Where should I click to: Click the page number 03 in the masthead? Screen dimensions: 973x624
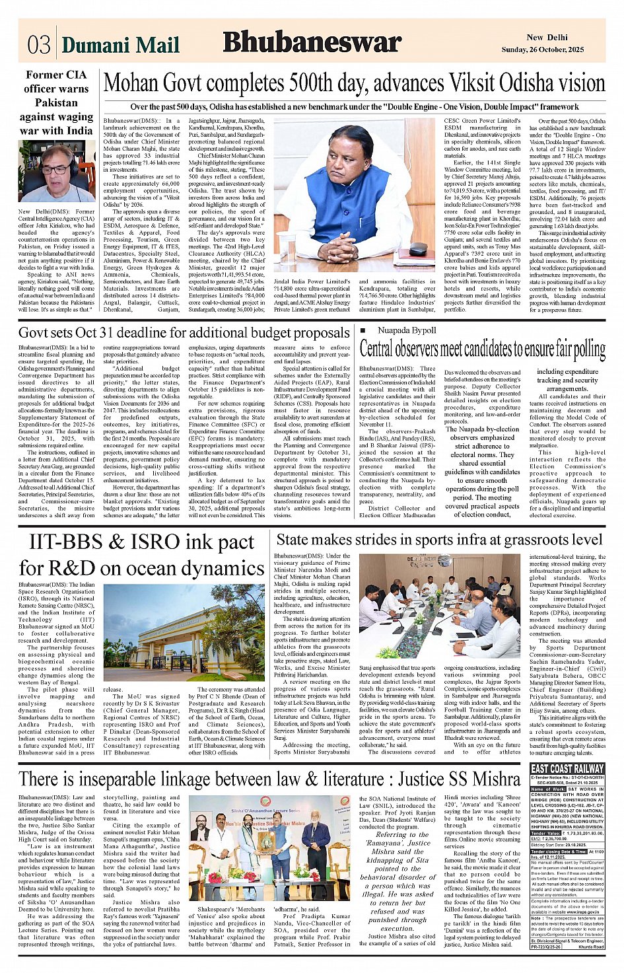[39, 44]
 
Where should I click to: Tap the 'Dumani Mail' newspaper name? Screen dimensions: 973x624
[120, 44]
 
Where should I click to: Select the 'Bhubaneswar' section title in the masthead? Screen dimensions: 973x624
[312, 42]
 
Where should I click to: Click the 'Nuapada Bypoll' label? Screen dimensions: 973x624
[407, 330]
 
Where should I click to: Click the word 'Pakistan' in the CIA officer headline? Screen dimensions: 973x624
[56, 102]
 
